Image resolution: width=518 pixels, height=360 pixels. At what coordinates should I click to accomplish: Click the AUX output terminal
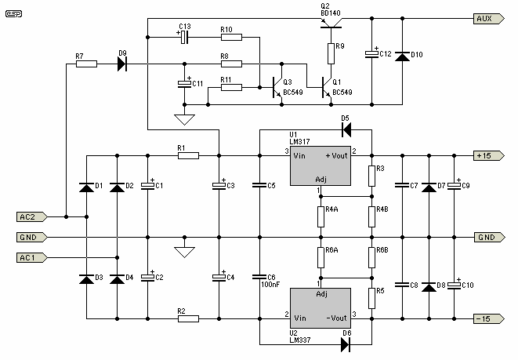tap(489, 19)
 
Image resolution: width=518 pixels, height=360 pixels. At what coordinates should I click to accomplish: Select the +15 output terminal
tap(489, 155)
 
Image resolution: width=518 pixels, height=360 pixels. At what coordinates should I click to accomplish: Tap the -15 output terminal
tap(489, 318)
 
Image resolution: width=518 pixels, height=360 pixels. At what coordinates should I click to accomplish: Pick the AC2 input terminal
tap(31, 216)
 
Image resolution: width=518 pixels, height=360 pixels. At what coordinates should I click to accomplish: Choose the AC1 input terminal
tap(31, 257)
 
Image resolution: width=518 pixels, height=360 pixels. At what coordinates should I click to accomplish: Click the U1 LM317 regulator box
tap(321, 165)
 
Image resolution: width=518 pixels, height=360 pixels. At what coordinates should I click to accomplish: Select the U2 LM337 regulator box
tap(321, 308)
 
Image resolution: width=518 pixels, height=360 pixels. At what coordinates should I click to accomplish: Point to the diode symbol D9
tap(122, 64)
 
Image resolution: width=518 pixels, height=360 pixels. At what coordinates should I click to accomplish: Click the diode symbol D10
tap(402, 56)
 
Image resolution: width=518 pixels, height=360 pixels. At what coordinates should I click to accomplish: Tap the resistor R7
tap(86, 64)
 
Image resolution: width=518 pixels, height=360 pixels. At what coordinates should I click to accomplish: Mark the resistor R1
tap(188, 155)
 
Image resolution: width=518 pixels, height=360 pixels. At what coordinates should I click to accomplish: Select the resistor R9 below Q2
tap(331, 53)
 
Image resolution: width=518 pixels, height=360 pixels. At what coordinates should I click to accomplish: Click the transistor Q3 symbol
tap(277, 88)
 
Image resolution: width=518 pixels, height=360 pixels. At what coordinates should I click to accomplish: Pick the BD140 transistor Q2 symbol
tap(331, 24)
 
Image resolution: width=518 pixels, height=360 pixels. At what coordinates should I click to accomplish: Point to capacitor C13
tap(185, 38)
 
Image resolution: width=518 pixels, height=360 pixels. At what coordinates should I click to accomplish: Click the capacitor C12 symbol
tap(371, 54)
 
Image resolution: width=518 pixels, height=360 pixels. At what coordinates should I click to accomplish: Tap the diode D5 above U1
tap(346, 129)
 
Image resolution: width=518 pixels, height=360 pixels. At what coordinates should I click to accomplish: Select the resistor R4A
tap(321, 216)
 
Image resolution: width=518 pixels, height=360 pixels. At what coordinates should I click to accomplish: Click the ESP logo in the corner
tap(14, 14)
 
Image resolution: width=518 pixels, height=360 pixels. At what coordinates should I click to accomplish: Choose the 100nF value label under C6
tap(270, 284)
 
